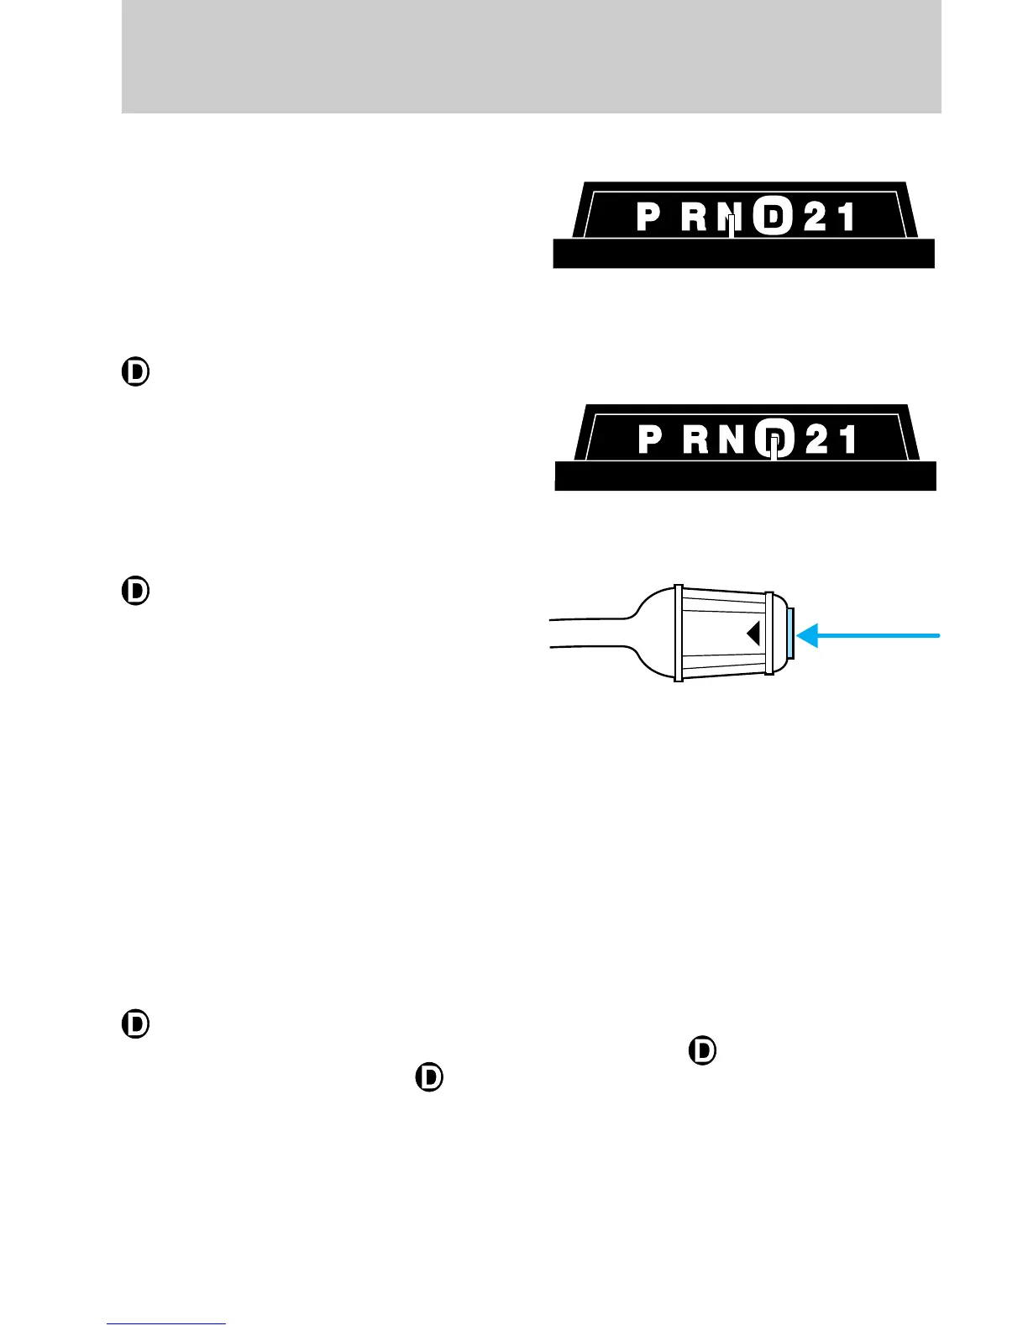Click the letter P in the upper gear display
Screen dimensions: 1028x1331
coord(648,218)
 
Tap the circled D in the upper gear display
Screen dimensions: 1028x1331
coord(772,218)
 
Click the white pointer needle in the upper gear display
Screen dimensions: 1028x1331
coord(732,225)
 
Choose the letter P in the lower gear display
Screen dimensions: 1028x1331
coord(650,439)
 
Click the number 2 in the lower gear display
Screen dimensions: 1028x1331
coord(818,439)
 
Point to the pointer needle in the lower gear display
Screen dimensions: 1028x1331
coord(776,447)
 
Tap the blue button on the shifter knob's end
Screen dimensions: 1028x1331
coord(791,634)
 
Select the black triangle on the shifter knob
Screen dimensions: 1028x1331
coord(753,633)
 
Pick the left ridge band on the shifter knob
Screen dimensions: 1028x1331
coord(679,633)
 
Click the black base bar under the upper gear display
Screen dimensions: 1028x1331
coord(743,254)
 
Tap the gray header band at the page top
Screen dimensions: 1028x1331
coord(531,56)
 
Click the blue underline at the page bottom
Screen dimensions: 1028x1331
coord(166,1324)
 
